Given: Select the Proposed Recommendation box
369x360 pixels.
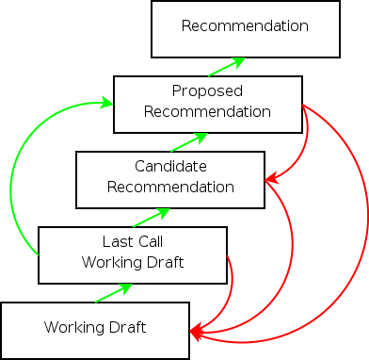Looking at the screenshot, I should point(208,104).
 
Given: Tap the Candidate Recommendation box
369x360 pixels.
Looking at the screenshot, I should point(170,179).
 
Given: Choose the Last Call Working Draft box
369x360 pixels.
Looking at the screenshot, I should point(133,254).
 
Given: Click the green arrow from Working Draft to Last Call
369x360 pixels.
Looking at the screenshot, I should point(114,293).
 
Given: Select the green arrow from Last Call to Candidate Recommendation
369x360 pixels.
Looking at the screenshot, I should point(152,218).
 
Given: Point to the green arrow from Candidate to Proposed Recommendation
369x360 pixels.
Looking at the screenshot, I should point(189,142).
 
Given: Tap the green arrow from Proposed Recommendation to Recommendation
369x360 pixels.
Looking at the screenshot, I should point(227,67).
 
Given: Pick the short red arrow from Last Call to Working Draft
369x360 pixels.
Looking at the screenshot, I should point(232,292).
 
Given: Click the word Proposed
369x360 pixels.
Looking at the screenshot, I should point(208,91).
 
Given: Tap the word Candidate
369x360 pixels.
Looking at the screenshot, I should point(170,167).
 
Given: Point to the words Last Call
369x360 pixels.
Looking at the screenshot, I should point(133,242).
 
